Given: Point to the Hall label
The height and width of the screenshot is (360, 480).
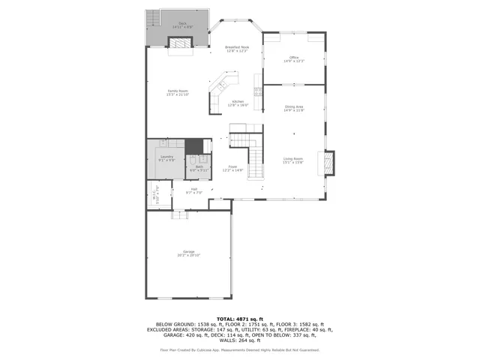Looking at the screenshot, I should pyautogui.click(x=193, y=190).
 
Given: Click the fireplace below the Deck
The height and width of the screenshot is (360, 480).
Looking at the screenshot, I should pyautogui.click(x=179, y=46).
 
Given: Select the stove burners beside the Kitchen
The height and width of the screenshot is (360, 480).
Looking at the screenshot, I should pyautogui.click(x=257, y=92).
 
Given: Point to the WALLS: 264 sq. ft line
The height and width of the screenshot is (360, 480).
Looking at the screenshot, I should pyautogui.click(x=239, y=340).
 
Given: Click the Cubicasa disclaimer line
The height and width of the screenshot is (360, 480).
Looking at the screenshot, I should pyautogui.click(x=239, y=349).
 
